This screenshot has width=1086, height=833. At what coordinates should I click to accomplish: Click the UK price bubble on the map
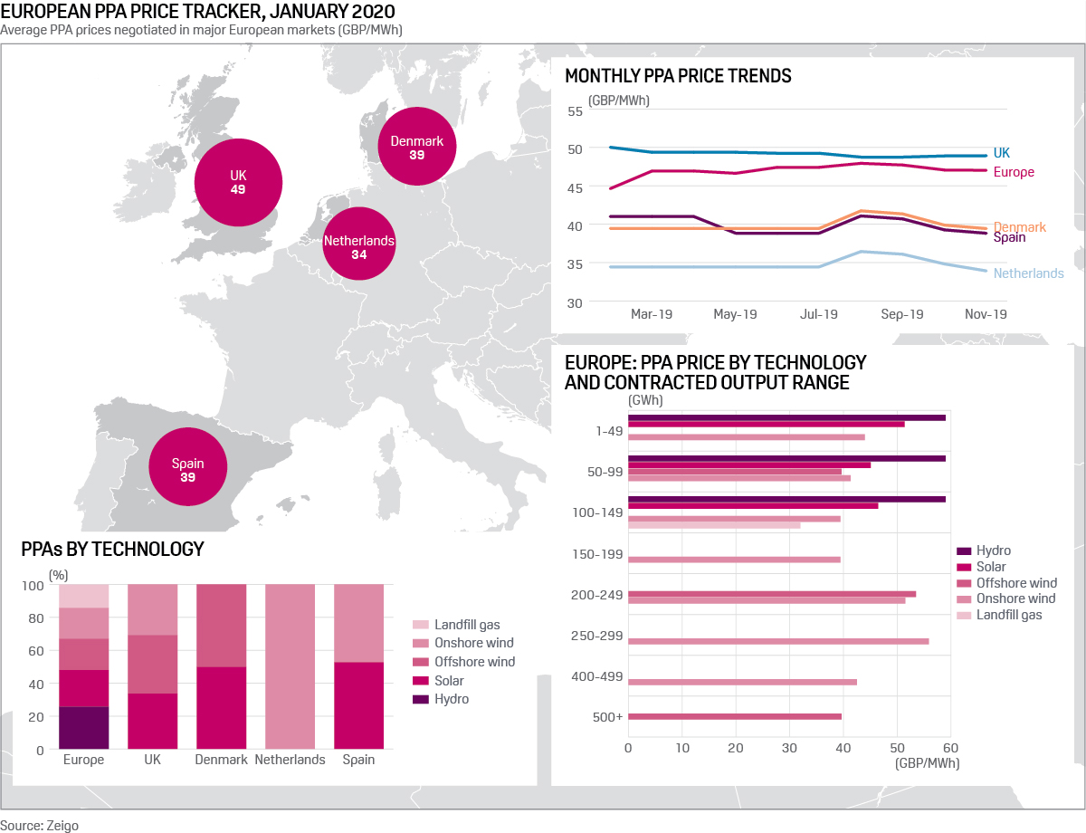pos(238,182)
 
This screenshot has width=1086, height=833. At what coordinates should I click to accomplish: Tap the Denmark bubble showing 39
pos(416,148)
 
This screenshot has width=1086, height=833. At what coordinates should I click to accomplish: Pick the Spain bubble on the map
pos(187,470)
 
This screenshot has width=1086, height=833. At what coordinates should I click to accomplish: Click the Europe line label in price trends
pos(1013,172)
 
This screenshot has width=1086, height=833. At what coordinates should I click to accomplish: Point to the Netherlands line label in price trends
pos(1028,273)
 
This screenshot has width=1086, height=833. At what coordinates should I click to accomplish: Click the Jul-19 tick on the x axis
pos(819,314)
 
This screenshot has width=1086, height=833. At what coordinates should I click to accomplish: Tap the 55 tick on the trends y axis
pos(575,111)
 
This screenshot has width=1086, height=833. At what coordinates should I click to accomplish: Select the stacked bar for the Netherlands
pos(290,667)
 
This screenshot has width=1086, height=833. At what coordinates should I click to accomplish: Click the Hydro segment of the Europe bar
pos(84,728)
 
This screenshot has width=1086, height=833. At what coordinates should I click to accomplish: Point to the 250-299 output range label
pos(596,637)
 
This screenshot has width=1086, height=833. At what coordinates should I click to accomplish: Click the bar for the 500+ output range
pos(734,716)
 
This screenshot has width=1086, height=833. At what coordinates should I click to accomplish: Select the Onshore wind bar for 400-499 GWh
pos(742,682)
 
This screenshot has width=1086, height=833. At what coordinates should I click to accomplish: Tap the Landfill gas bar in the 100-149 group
pos(714,525)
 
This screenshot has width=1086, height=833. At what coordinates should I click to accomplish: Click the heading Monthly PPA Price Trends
pos(678,76)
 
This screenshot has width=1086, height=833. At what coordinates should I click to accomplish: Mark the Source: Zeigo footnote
pos(33,825)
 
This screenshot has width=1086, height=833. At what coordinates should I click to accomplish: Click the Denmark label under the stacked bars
pos(221,760)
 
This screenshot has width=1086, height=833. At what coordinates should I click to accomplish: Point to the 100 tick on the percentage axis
pos(33,586)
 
